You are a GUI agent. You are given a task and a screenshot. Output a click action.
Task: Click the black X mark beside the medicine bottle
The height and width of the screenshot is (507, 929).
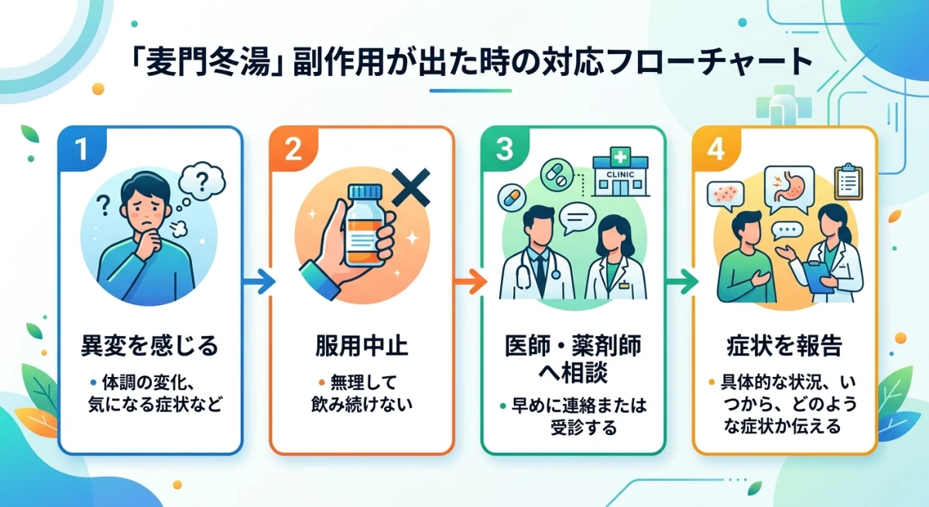411,187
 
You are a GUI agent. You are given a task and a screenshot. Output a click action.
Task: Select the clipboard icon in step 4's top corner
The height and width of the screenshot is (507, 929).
848,180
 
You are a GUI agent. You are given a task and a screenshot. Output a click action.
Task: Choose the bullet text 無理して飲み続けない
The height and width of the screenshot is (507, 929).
362,392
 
